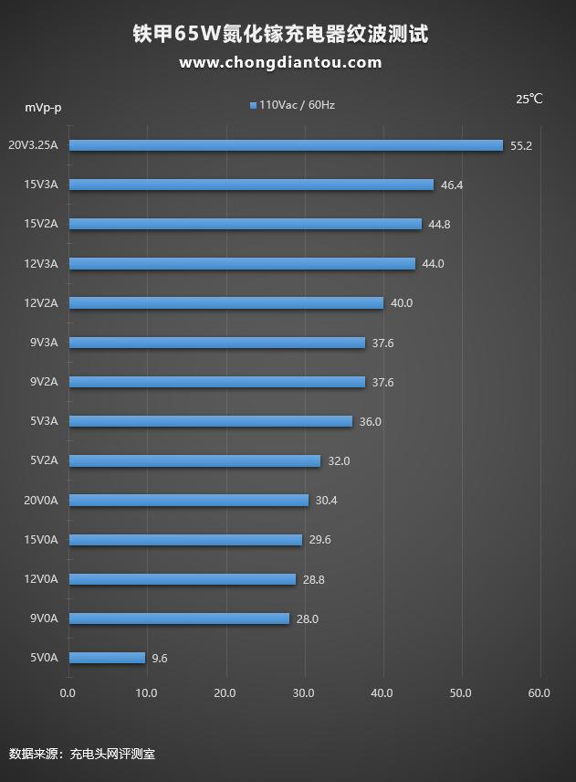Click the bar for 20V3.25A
point(286,145)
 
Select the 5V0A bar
point(107,658)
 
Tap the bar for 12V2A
point(225,303)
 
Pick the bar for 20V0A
point(188,501)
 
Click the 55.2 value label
point(521,146)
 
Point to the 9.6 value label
point(160,659)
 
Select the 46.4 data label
point(452,185)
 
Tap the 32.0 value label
point(339,461)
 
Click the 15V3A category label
point(41,185)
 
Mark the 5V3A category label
point(43,421)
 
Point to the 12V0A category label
point(41,579)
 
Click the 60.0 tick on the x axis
point(539,693)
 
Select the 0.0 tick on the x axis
point(68,693)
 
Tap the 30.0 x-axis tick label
point(304,693)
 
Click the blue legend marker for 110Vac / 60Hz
point(253,106)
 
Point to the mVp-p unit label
point(43,108)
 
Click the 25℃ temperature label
point(529,100)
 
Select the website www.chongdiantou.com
point(280,63)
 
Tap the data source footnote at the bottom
point(82,755)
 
